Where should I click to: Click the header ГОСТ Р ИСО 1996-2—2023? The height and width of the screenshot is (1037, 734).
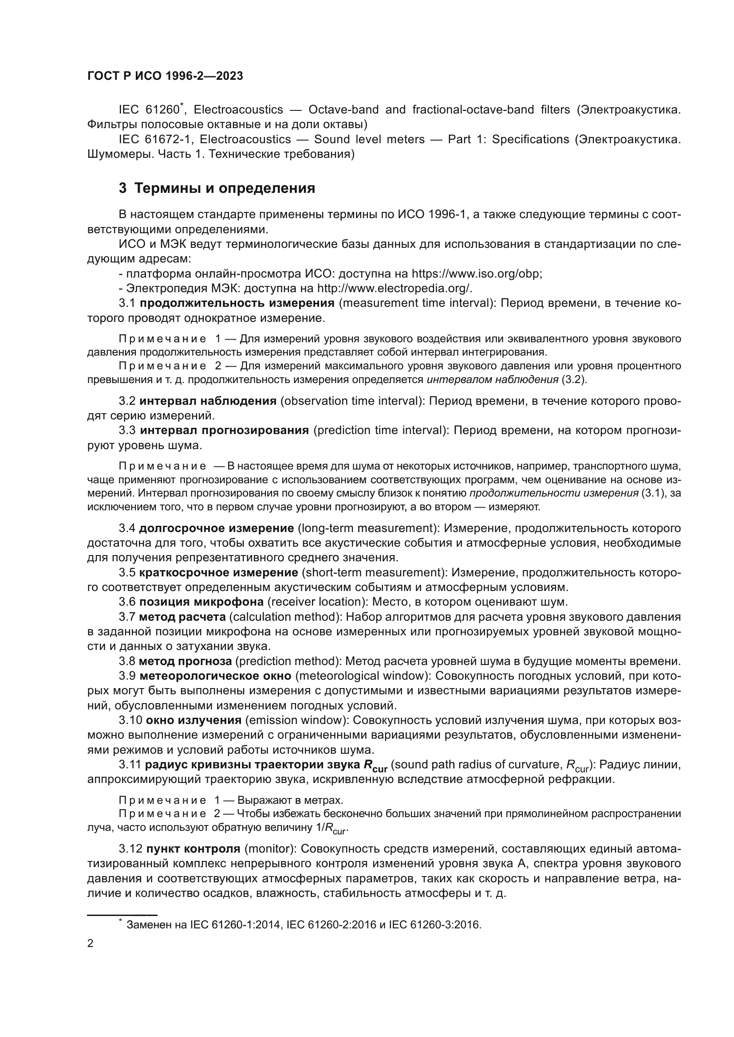[x=165, y=76]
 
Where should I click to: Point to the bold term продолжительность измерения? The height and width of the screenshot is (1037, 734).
[x=237, y=303]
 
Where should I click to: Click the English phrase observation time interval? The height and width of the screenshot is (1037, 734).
[x=352, y=401]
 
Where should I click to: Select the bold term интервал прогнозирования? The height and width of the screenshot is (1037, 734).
[x=224, y=430]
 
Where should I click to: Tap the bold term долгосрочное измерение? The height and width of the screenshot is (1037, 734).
[x=217, y=528]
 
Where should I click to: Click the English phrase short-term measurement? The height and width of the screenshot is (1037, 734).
[x=372, y=573]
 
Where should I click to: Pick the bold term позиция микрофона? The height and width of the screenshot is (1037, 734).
[x=201, y=602]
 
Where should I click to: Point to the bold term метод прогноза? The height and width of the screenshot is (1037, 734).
[x=185, y=661]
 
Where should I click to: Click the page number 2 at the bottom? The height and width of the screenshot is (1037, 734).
[x=91, y=943]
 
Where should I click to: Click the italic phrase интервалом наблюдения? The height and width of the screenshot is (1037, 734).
[x=492, y=380]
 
